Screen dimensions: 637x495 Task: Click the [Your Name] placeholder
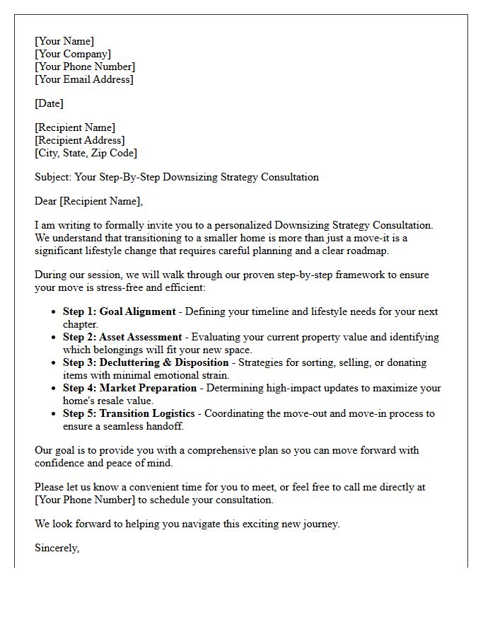(64, 41)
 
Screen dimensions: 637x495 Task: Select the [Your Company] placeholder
(73, 54)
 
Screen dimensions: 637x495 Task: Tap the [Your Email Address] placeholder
(84, 79)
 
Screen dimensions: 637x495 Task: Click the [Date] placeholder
(49, 103)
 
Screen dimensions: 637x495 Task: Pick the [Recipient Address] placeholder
(80, 140)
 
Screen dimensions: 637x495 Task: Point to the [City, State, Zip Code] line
(86, 153)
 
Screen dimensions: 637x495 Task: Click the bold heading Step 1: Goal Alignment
(119, 311)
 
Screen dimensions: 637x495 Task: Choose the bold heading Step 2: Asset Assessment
(122, 337)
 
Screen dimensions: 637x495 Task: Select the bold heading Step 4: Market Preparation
(129, 388)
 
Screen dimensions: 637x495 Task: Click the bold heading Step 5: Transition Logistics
(130, 413)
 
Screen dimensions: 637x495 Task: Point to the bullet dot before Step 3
(54, 363)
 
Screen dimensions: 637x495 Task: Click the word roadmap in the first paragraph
(366, 251)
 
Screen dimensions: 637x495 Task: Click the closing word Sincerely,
(57, 548)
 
